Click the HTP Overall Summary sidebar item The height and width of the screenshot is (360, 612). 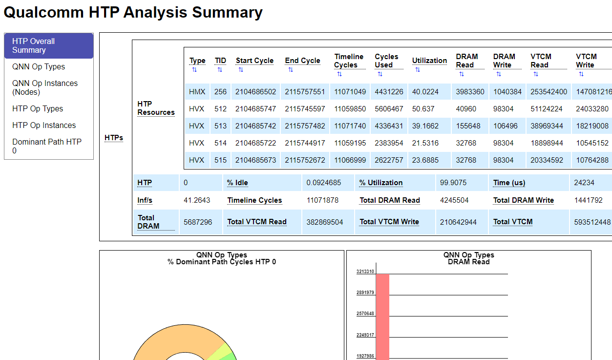(48, 45)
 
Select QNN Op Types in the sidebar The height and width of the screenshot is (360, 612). (39, 67)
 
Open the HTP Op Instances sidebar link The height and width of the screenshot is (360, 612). (44, 126)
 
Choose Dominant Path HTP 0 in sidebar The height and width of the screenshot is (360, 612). (47, 146)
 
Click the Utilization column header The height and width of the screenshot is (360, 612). (429, 61)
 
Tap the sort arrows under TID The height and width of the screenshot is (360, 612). (220, 70)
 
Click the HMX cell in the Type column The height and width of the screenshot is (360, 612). (197, 92)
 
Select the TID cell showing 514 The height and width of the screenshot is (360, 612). (220, 143)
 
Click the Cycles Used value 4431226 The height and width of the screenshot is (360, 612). (389, 92)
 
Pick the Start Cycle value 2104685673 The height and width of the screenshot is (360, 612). (255, 160)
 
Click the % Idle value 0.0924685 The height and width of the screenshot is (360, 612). (323, 183)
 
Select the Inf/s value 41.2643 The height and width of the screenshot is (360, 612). (197, 200)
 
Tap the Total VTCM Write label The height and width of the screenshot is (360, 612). (389, 222)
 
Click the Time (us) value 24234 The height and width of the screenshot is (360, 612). (584, 183)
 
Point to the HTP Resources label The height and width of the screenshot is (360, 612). (156, 108)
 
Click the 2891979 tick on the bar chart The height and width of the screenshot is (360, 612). (365, 293)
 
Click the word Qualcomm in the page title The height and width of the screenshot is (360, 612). (43, 12)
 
